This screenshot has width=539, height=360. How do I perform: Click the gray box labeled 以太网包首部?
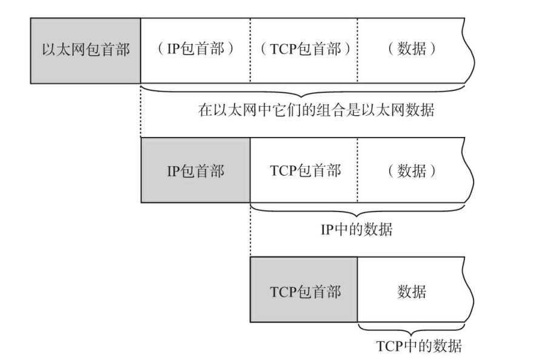(85, 50)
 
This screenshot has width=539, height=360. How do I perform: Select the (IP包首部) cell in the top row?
(195, 50)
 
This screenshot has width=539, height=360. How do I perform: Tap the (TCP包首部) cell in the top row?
(303, 50)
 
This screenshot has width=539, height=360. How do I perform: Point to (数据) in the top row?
(412, 50)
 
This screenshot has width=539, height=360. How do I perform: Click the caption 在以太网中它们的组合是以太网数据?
(316, 111)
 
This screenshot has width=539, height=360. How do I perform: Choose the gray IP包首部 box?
(195, 171)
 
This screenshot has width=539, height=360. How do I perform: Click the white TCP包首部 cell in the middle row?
(304, 171)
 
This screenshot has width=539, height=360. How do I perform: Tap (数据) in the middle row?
(412, 171)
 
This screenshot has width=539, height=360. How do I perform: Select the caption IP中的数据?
(356, 230)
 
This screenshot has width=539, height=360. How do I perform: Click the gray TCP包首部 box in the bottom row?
(304, 292)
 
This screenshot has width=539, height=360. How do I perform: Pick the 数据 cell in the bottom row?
(412, 292)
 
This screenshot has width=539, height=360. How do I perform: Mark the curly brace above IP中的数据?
(358, 212)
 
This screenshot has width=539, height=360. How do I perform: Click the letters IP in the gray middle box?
(172, 171)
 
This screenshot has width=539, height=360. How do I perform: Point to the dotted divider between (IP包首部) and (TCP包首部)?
(249, 50)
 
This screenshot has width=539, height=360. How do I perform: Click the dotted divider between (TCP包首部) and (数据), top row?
(358, 50)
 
